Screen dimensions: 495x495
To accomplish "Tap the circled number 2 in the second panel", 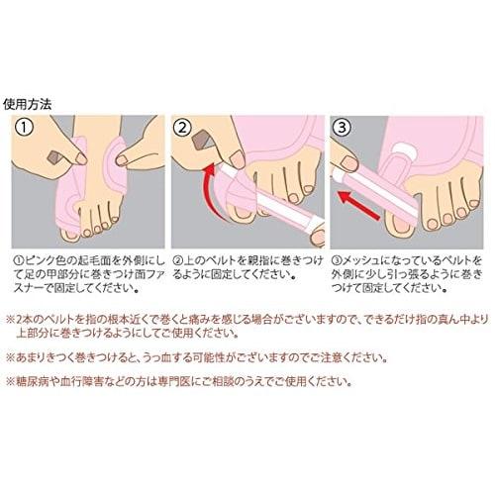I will (x=183, y=128).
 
